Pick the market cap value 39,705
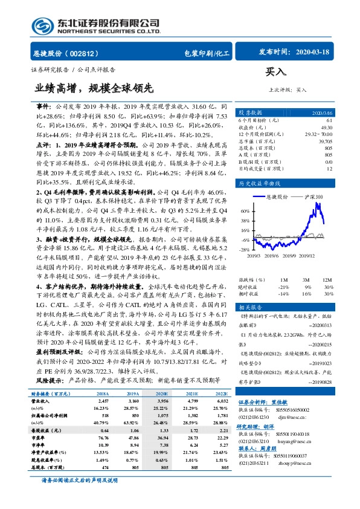click(x=324, y=141)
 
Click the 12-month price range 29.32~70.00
click(x=318, y=134)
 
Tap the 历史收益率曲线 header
click(x=259, y=183)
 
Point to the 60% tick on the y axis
click(x=245, y=211)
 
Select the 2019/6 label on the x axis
click(x=270, y=255)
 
